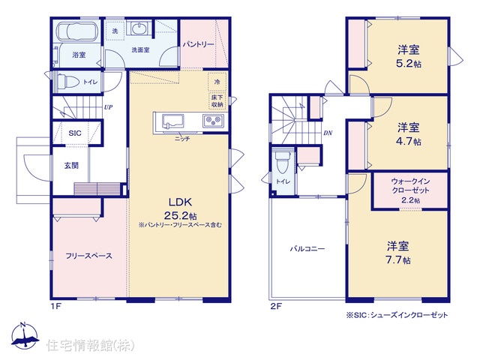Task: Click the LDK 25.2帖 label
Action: (x=180, y=208)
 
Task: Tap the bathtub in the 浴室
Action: (x=78, y=31)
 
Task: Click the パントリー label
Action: (x=198, y=45)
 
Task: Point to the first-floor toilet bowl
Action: (x=66, y=82)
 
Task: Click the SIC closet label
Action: (x=75, y=133)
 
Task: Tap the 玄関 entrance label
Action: (x=71, y=166)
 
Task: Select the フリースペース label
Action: (x=88, y=256)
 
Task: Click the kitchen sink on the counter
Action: (x=172, y=122)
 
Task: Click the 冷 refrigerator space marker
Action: (x=217, y=82)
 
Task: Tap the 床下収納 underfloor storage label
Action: (x=217, y=101)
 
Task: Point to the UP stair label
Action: (x=108, y=107)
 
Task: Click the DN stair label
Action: (x=328, y=133)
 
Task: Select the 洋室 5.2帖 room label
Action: (x=409, y=56)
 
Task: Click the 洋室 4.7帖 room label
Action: (x=409, y=133)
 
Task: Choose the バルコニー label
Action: (x=307, y=248)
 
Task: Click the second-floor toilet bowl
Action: (x=282, y=163)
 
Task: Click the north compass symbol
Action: (x=25, y=335)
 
